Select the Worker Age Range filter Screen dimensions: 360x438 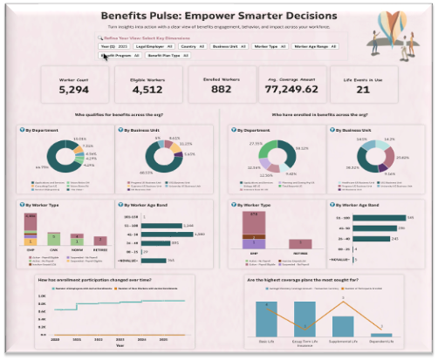point(312,46)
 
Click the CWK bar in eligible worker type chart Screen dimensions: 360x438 point(54,240)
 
